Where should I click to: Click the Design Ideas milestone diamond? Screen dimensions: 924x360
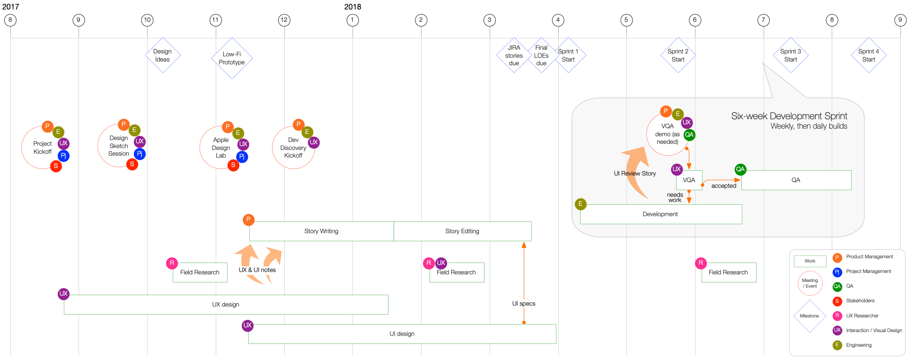click(x=163, y=55)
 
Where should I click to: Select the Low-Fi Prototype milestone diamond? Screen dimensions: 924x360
click(x=232, y=58)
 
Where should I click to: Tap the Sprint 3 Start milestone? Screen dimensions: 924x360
click(x=791, y=55)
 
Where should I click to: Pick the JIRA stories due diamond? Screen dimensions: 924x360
click(x=514, y=55)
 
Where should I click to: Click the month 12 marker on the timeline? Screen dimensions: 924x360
click(x=284, y=20)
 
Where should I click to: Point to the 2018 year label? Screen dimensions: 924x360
click(x=352, y=7)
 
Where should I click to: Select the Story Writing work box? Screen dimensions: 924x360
click(x=322, y=231)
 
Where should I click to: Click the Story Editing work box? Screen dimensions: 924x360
click(x=463, y=231)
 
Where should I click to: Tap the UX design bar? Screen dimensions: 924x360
click(x=226, y=305)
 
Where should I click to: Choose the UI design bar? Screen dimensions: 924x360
click(x=402, y=334)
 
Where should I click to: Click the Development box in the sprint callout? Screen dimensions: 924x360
click(x=661, y=214)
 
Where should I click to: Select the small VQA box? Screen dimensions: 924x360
click(x=689, y=180)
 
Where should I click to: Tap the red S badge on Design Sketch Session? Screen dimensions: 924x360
click(x=132, y=164)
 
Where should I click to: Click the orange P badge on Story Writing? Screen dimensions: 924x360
click(x=248, y=220)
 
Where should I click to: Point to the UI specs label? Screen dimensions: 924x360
click(x=524, y=304)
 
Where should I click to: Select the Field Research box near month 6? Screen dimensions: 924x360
click(x=729, y=272)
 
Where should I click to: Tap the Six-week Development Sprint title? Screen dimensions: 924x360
click(x=789, y=116)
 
